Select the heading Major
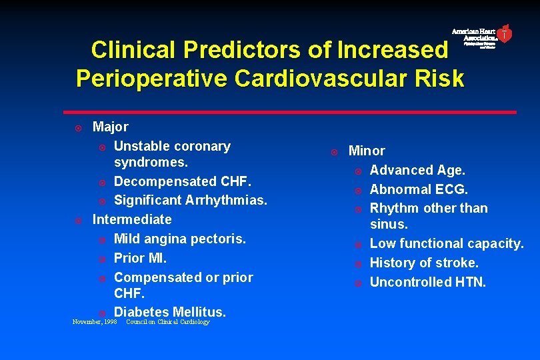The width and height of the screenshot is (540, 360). (111, 127)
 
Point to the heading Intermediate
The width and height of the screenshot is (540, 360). (132, 219)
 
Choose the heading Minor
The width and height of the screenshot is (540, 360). (367, 151)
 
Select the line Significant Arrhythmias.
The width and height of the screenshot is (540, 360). (190, 200)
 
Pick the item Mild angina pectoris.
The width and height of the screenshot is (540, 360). (180, 239)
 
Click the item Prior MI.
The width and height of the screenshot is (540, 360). (141, 258)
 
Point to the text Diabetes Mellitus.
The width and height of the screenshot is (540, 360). (170, 312)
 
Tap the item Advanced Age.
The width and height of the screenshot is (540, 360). (417, 171)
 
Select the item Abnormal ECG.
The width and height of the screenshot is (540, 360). (419, 189)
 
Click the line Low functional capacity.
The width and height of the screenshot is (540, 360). (447, 244)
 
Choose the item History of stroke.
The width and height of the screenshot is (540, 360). (424, 263)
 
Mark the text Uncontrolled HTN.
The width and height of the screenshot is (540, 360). (428, 282)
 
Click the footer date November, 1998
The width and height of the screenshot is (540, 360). (94, 322)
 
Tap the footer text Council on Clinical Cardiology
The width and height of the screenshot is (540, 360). (167, 322)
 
